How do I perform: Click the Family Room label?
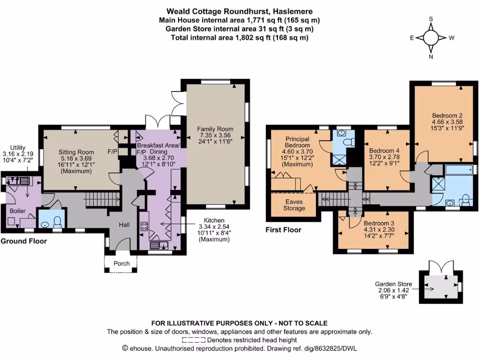(215, 129)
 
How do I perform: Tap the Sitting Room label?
(76, 152)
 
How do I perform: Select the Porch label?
(121, 263)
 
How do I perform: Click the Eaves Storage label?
(294, 205)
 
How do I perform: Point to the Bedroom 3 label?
(379, 223)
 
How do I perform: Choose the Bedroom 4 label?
(384, 150)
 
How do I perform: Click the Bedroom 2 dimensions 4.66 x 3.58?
(447, 122)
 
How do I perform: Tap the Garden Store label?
(393, 284)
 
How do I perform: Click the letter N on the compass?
(431, 57)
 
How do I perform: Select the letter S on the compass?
(431, 19)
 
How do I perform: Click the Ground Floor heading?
(23, 241)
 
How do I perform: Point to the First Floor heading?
(284, 230)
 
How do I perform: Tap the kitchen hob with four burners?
(144, 226)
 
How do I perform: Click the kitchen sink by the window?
(158, 246)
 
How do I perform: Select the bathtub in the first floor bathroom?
(459, 170)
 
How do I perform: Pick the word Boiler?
(18, 211)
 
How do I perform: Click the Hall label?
(124, 225)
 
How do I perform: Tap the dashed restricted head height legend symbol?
(194, 340)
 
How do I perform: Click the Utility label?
(18, 148)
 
